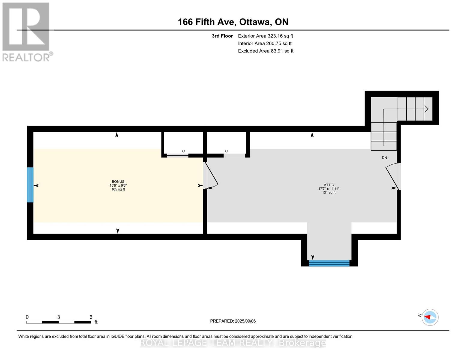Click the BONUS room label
118,181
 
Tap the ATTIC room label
329,185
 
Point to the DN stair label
384,158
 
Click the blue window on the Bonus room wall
30,184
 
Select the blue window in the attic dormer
329,263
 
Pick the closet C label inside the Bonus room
183,151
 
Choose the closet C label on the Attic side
226,151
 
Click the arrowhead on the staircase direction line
426,109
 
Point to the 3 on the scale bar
58,317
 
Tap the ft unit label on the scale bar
96,322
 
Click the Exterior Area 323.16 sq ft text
266,36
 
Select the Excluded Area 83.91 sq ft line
266,51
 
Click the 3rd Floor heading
222,36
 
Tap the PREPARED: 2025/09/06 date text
233,321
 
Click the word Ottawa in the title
255,22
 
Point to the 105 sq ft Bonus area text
118,189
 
